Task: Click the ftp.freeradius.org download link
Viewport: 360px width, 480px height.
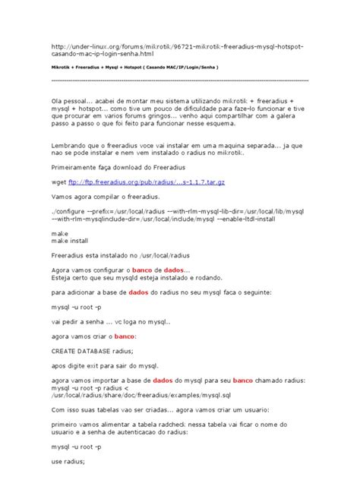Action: [136, 182]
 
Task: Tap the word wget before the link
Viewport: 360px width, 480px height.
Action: [58, 182]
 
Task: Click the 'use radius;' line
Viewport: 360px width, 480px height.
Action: [68, 461]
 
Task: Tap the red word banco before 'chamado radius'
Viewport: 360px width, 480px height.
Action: [243, 379]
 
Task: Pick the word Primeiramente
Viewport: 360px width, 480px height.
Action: [77, 166]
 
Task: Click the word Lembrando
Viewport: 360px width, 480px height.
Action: [71, 144]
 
